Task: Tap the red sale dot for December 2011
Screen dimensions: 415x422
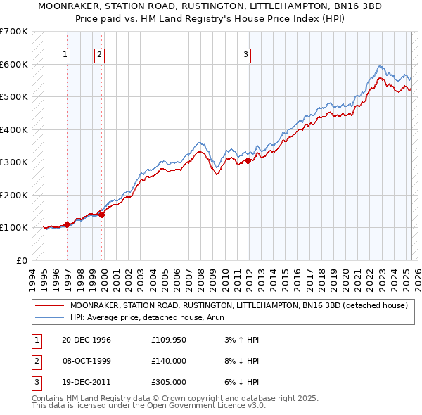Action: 248,161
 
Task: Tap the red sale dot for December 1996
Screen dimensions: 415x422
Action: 68,224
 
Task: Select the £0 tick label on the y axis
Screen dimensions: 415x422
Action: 22,260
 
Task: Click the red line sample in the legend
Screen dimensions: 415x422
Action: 50,305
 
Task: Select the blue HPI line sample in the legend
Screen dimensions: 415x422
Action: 50,317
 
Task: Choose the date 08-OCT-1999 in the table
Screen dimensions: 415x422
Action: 87,361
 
